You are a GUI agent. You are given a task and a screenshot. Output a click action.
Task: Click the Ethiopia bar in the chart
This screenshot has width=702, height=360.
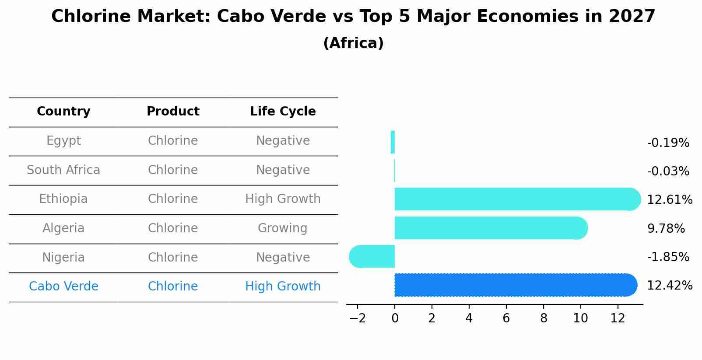(x=516, y=199)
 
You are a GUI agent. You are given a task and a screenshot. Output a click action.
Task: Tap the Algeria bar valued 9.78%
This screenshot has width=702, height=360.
(x=490, y=228)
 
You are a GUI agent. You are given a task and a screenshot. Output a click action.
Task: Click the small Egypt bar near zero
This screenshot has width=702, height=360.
(x=393, y=142)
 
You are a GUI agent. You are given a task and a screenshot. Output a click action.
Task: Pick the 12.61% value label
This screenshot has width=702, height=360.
(x=669, y=200)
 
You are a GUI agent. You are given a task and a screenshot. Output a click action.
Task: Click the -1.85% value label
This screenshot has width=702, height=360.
(x=668, y=257)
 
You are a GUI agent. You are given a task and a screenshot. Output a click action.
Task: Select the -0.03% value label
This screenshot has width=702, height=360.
(x=668, y=171)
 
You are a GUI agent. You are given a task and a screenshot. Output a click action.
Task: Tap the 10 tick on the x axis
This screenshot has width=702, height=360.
(x=580, y=318)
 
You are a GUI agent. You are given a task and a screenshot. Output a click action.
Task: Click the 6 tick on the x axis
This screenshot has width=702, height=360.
(x=506, y=318)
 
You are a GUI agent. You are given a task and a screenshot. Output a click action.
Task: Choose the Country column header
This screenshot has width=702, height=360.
(x=63, y=112)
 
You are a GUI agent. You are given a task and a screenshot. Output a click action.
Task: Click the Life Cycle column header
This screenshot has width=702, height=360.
(x=283, y=112)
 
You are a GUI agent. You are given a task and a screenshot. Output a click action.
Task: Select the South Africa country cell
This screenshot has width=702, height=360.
(x=63, y=170)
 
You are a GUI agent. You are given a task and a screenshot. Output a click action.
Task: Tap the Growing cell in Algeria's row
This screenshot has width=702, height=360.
(x=282, y=228)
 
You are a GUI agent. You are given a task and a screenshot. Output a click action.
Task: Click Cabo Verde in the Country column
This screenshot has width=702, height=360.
(x=63, y=287)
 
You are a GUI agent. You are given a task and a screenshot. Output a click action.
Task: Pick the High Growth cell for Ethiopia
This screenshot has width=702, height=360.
(x=283, y=199)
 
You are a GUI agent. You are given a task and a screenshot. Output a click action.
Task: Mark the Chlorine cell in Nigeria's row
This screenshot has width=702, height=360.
(x=172, y=257)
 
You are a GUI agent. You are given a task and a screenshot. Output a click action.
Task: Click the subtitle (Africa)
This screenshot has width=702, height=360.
(x=353, y=43)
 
